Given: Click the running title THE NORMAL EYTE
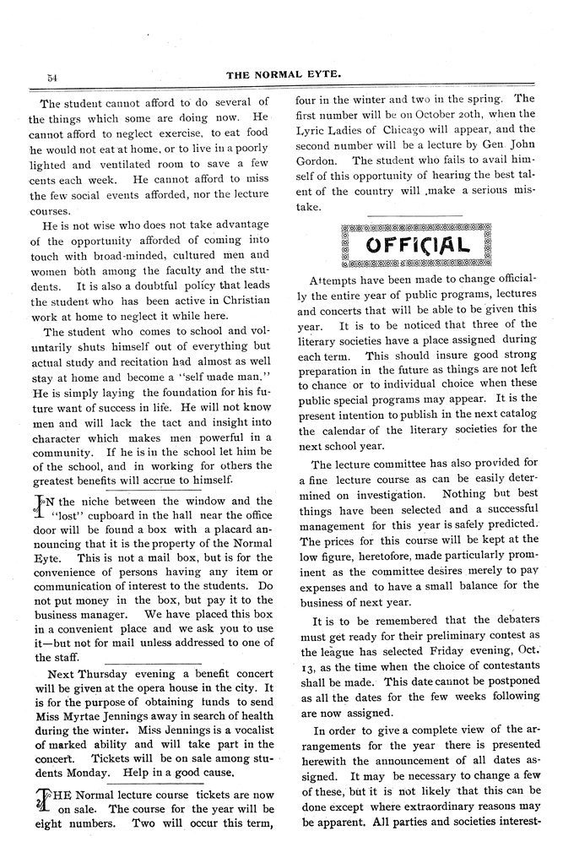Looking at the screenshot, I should click(x=287, y=75).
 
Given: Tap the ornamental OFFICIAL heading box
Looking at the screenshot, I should click(x=415, y=246).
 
